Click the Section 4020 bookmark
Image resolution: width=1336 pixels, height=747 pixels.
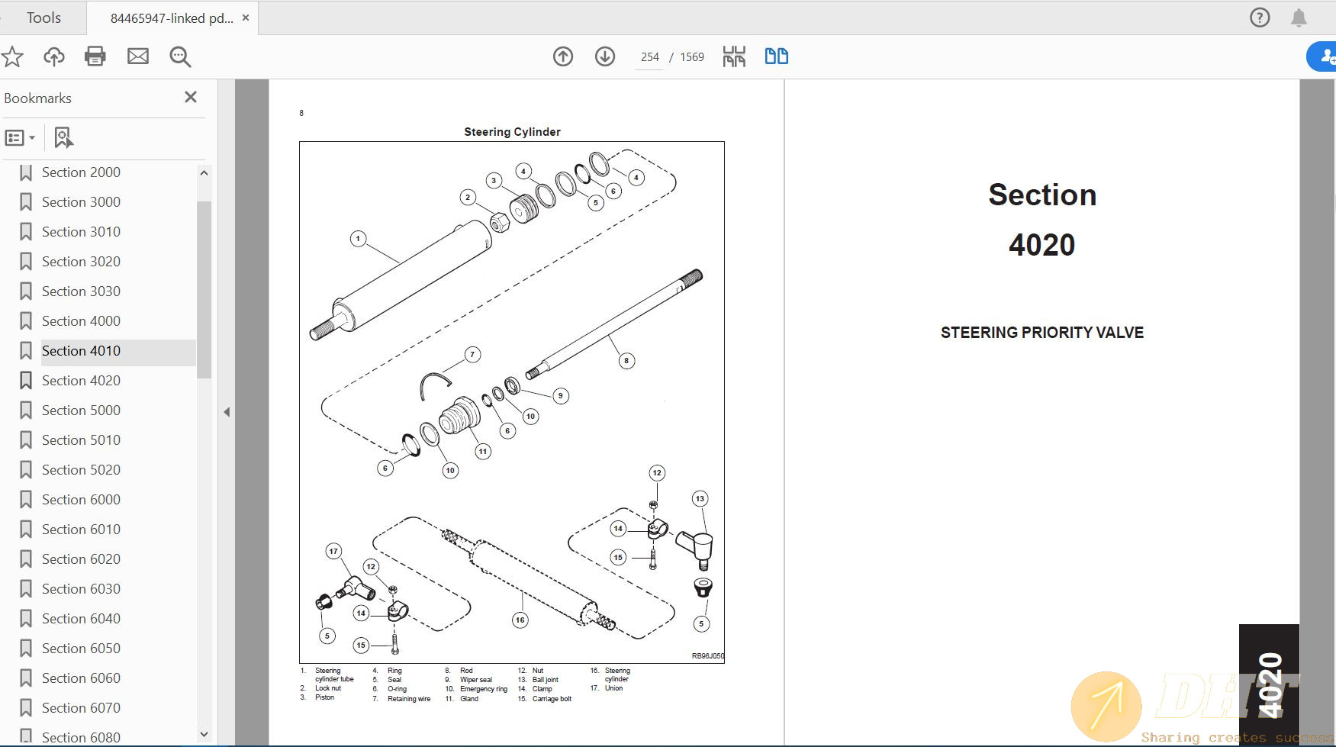coord(81,381)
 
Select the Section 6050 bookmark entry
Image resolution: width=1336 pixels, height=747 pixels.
coord(81,649)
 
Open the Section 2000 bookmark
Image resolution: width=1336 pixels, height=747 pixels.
coord(81,172)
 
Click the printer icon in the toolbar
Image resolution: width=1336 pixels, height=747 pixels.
coord(95,56)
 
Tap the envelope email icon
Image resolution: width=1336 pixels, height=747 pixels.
coord(138,56)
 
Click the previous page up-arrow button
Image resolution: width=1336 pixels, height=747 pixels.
coord(563,56)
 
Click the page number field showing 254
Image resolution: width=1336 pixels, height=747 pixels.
coord(649,57)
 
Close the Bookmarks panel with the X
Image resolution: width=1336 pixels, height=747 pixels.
coord(191,97)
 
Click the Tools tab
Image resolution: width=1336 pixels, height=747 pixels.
coord(43,18)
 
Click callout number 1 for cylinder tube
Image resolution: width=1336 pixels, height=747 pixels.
coord(358,239)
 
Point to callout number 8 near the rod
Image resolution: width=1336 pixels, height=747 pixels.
coord(626,361)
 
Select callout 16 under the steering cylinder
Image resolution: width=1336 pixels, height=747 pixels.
coord(520,620)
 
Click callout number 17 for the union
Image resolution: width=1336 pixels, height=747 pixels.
coord(333,551)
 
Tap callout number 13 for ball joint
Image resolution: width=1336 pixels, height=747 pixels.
coord(700,499)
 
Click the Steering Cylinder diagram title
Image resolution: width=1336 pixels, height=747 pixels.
coord(512,132)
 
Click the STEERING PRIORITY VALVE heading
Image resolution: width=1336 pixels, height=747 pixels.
coord(1041,333)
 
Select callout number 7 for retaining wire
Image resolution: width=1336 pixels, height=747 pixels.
coord(472,354)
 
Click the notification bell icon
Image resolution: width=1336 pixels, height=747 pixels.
coord(1299,18)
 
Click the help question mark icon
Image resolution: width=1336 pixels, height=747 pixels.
coord(1260,18)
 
